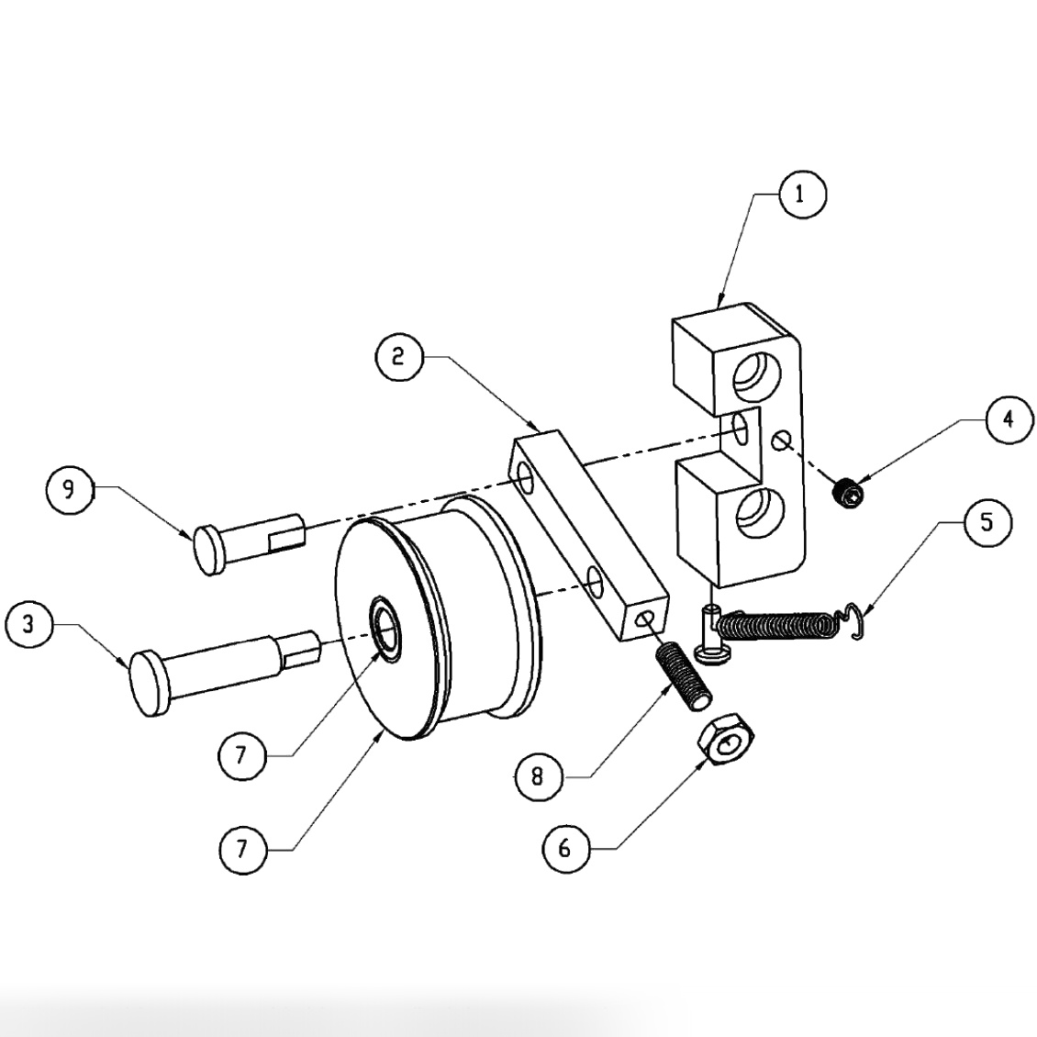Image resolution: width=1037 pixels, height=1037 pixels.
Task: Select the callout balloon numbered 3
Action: coord(28,625)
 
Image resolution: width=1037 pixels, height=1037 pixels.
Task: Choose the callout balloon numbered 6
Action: coord(564,849)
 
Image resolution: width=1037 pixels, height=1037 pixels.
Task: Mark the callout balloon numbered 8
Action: coord(537,777)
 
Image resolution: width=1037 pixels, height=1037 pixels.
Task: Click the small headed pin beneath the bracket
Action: coord(709,634)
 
